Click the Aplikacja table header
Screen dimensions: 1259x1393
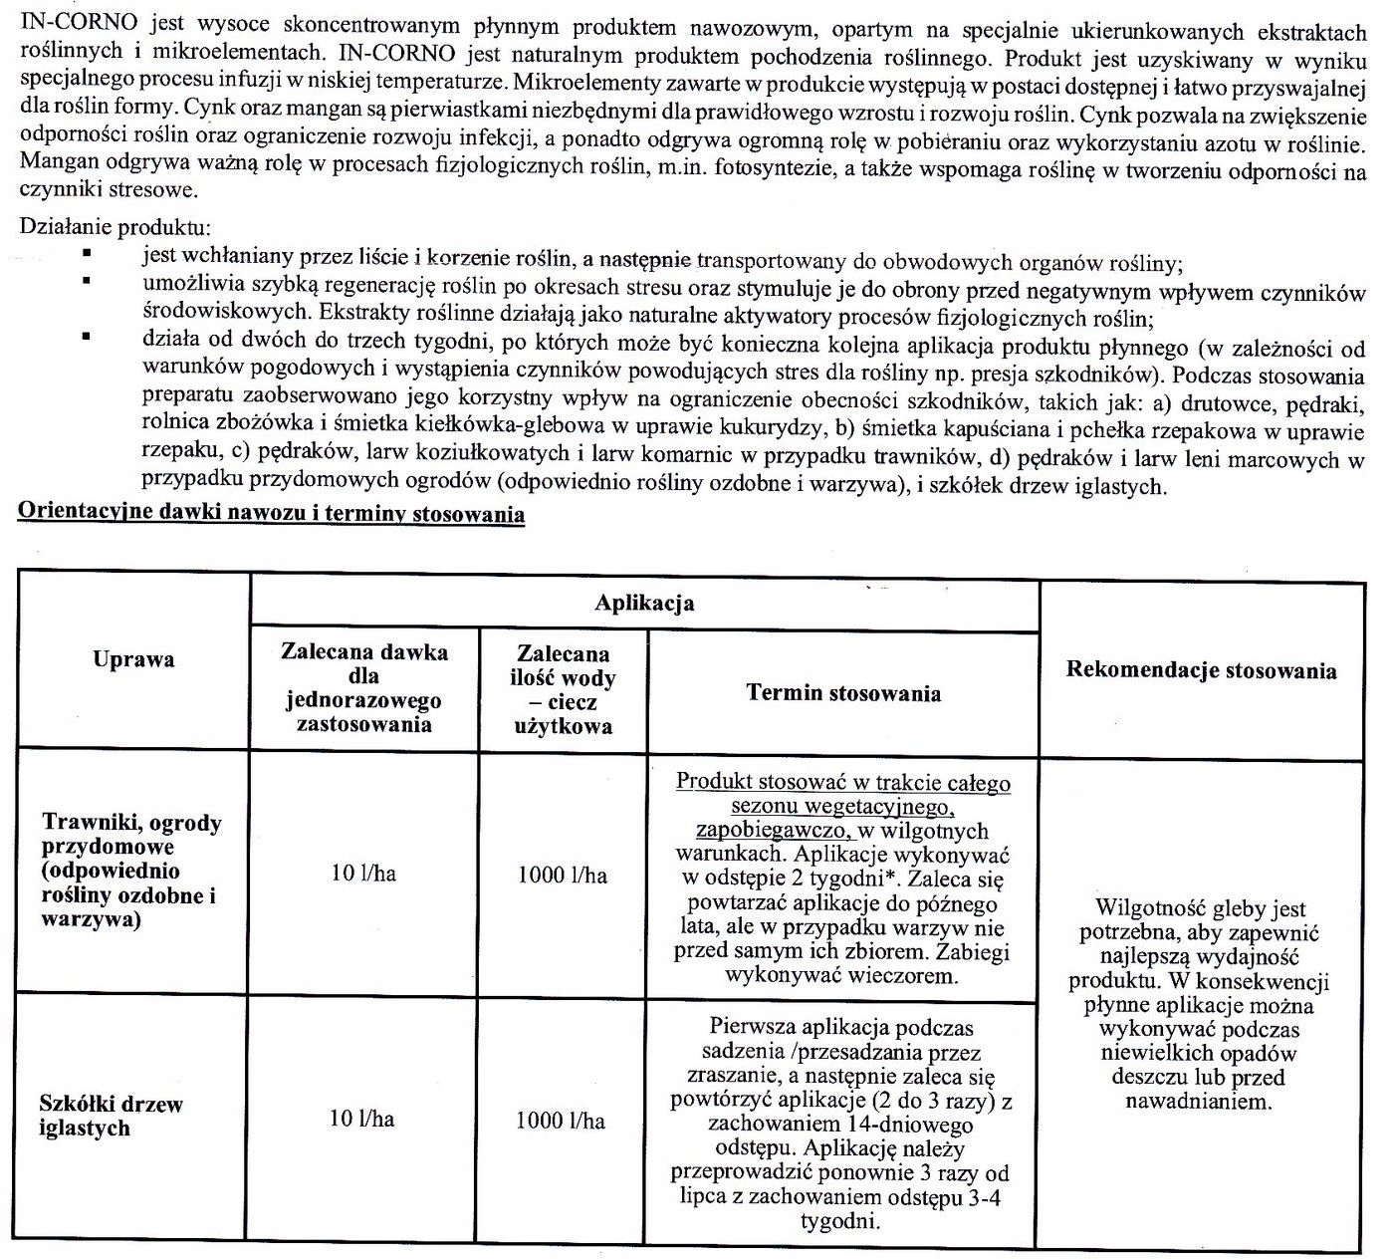tap(644, 604)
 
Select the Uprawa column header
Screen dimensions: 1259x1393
tap(133, 659)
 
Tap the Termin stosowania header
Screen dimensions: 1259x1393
tap(842, 693)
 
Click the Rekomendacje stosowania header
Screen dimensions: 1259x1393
tap(1201, 670)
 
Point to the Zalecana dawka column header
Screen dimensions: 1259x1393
tap(364, 687)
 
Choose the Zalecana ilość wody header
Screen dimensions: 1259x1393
tap(563, 689)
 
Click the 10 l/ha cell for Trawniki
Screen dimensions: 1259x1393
tap(363, 874)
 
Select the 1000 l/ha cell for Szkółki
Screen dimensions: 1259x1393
tap(561, 1121)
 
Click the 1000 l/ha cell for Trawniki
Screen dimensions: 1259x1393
tap(563, 876)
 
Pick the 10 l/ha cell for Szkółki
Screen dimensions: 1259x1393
tap(361, 1120)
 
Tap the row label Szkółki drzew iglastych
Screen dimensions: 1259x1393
tap(112, 1116)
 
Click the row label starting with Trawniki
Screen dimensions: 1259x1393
tap(131, 871)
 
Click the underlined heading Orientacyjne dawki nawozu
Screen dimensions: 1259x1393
tap(272, 515)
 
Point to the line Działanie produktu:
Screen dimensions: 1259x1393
tap(115, 226)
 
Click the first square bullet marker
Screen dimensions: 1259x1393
tap(88, 255)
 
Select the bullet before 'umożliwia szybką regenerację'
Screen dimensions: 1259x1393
tap(88, 283)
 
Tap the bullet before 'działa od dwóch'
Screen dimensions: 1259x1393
tap(88, 338)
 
